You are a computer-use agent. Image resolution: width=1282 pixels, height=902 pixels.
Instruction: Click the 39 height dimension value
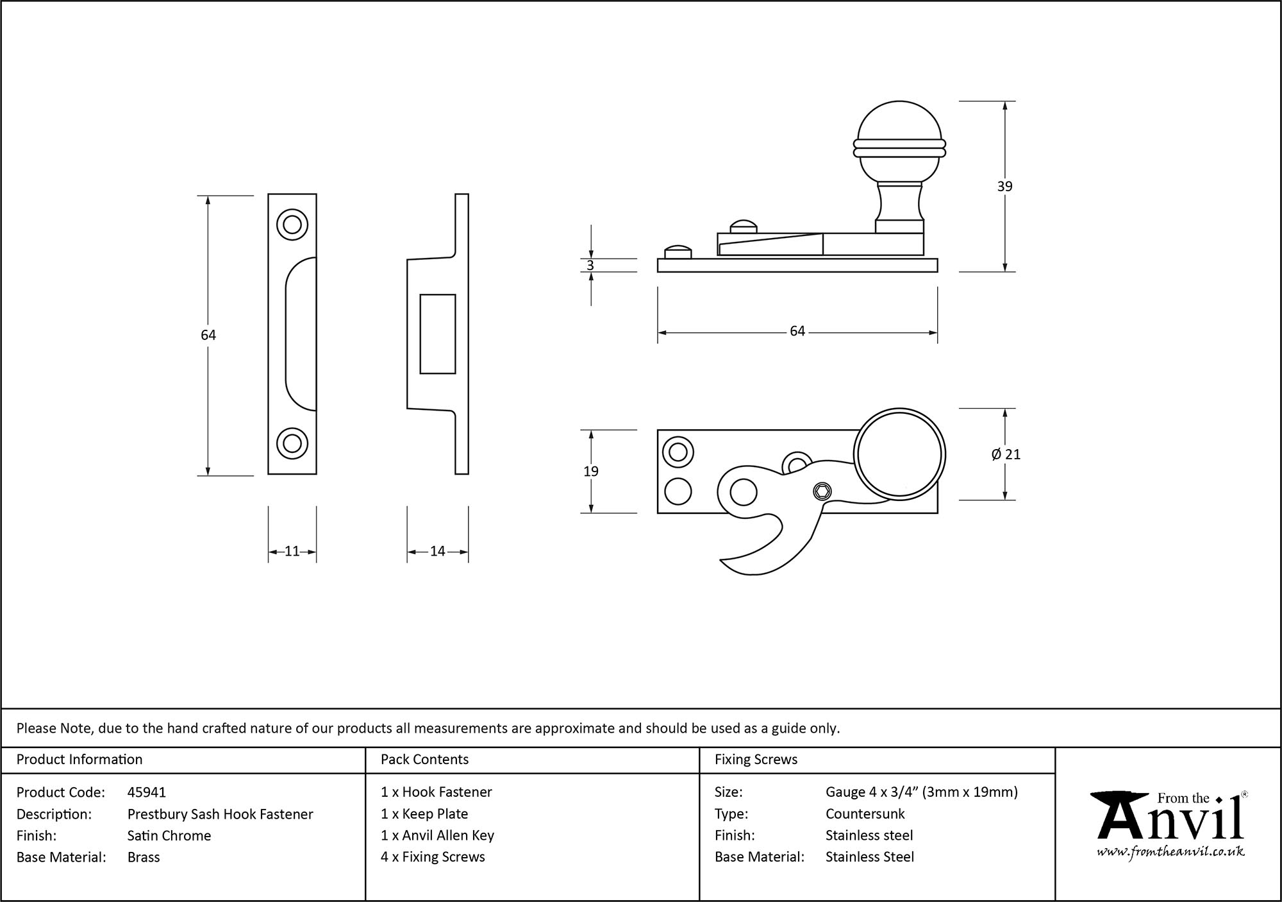pos(1004,186)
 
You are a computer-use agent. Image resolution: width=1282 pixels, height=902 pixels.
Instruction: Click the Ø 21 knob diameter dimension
pos(1005,454)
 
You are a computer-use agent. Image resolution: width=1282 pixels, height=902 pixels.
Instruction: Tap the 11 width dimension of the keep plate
pos(292,551)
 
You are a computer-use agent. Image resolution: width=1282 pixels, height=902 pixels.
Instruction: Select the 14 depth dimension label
pos(437,551)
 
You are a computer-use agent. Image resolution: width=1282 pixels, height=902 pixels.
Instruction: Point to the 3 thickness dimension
pos(590,266)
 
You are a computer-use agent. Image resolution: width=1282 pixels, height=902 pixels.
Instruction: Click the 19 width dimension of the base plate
pos(590,472)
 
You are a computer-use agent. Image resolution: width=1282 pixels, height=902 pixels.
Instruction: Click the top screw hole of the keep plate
pos(292,225)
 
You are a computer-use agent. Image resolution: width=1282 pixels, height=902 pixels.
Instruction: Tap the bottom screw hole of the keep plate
pos(292,443)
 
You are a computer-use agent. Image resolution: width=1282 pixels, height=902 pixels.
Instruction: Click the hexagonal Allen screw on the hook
pos(822,492)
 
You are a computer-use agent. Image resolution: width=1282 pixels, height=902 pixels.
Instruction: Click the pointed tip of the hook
pos(723,561)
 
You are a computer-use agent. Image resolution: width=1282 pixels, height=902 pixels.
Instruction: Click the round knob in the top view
pos(899,454)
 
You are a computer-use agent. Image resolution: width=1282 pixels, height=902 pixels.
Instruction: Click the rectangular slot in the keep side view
pos(437,334)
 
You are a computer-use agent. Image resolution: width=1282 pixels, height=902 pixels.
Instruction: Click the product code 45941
pos(147,792)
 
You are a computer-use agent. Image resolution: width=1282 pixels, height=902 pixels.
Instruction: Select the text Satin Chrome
pos(169,835)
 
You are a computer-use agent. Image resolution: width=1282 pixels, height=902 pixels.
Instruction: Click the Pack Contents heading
pos(424,760)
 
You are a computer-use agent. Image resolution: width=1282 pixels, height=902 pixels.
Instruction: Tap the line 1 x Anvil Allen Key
pos(437,835)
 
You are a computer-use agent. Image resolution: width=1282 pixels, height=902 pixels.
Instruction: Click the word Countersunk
pos(865,813)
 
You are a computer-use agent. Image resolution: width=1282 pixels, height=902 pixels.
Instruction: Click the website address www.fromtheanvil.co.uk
pos(1170,852)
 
